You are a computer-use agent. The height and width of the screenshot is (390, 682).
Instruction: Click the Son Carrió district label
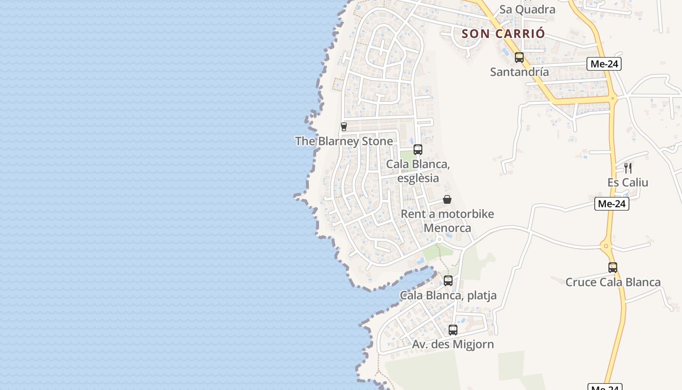point(503,34)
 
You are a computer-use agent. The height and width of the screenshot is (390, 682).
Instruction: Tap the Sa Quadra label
point(527,9)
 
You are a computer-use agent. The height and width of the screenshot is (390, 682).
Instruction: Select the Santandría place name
point(519,72)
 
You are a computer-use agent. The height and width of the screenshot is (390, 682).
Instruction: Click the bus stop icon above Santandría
point(519,58)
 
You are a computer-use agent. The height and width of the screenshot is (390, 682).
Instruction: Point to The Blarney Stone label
point(344,141)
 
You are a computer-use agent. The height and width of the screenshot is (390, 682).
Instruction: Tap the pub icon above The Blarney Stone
point(344,127)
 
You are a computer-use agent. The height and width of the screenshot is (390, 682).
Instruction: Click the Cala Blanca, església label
point(418,171)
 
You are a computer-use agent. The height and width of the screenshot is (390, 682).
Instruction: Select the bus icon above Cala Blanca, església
point(418,150)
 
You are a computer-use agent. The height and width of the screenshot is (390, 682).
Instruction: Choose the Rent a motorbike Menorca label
point(447,221)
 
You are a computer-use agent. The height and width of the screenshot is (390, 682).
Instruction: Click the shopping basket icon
point(447,199)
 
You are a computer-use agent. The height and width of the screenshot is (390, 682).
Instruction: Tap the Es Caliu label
point(627,182)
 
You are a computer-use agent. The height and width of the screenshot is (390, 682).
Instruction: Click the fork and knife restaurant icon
point(628,168)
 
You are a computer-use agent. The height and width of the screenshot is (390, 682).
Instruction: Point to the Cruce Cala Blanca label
point(613,282)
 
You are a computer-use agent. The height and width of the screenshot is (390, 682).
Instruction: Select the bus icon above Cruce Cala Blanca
point(613,268)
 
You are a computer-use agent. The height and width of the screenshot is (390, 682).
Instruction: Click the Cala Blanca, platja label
point(448,295)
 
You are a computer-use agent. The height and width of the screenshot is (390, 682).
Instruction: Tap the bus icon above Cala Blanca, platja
point(448,281)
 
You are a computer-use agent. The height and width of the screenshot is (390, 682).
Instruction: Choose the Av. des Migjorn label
point(453,344)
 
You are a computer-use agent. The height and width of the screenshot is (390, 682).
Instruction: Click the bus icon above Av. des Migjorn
point(453,330)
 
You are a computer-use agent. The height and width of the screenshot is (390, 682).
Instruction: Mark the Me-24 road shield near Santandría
point(604,64)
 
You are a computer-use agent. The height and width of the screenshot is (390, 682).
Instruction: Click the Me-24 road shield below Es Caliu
point(612,204)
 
